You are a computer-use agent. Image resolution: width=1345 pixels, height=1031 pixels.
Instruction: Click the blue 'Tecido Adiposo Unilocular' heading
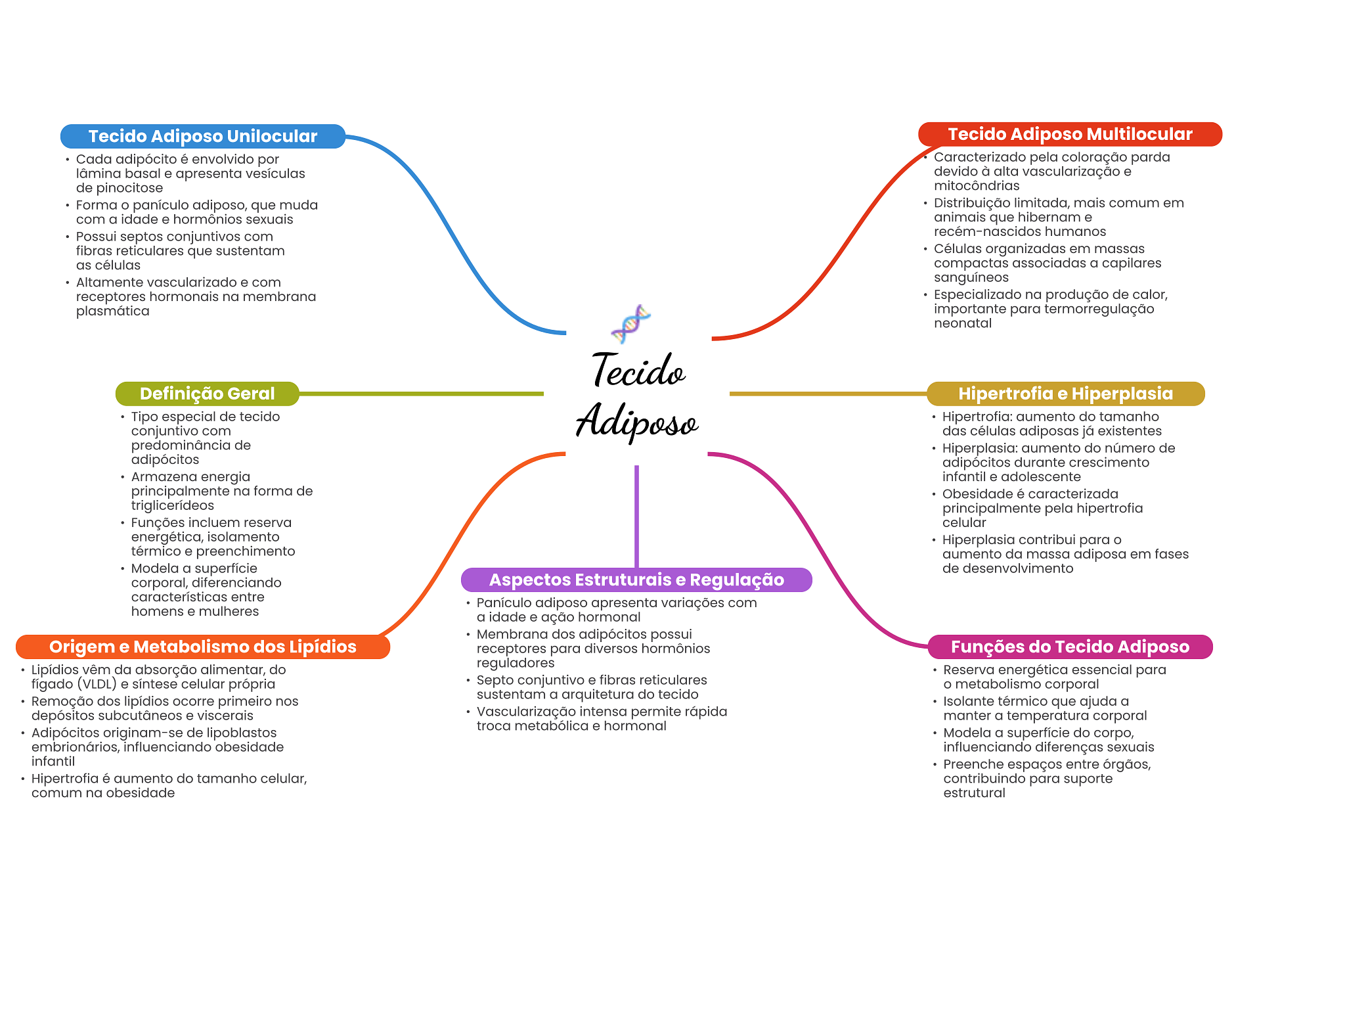tap(202, 136)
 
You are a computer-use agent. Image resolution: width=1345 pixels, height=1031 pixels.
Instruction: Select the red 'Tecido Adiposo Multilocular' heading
tap(1069, 134)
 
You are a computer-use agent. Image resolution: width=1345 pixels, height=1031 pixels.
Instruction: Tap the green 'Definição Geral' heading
tap(207, 394)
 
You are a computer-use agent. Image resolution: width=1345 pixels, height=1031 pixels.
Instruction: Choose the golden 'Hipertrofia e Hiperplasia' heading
tap(1065, 394)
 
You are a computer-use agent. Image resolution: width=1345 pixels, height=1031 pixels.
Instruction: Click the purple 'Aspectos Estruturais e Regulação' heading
tap(636, 580)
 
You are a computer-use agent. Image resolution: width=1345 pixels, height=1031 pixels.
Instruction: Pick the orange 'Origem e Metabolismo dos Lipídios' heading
tap(202, 647)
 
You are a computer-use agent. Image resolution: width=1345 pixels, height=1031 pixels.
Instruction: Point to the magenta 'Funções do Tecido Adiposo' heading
tap(1070, 647)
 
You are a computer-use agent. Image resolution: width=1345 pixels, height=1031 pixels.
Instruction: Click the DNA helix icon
tap(630, 323)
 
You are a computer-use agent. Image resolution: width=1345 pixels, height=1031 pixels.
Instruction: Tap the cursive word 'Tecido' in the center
tap(638, 371)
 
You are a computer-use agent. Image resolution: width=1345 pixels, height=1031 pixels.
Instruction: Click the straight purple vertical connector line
tap(636, 516)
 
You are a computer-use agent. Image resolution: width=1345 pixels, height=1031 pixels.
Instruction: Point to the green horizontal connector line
tap(420, 394)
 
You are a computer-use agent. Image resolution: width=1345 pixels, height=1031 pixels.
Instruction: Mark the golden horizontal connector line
tap(827, 394)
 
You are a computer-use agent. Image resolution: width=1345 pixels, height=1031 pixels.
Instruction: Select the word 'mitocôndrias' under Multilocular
tap(977, 186)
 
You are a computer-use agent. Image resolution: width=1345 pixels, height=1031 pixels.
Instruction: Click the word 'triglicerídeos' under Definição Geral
tap(172, 505)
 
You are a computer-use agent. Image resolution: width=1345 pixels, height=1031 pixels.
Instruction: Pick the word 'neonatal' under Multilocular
tap(963, 323)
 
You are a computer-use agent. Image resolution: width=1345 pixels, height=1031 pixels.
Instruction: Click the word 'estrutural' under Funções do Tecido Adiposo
tap(974, 793)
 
